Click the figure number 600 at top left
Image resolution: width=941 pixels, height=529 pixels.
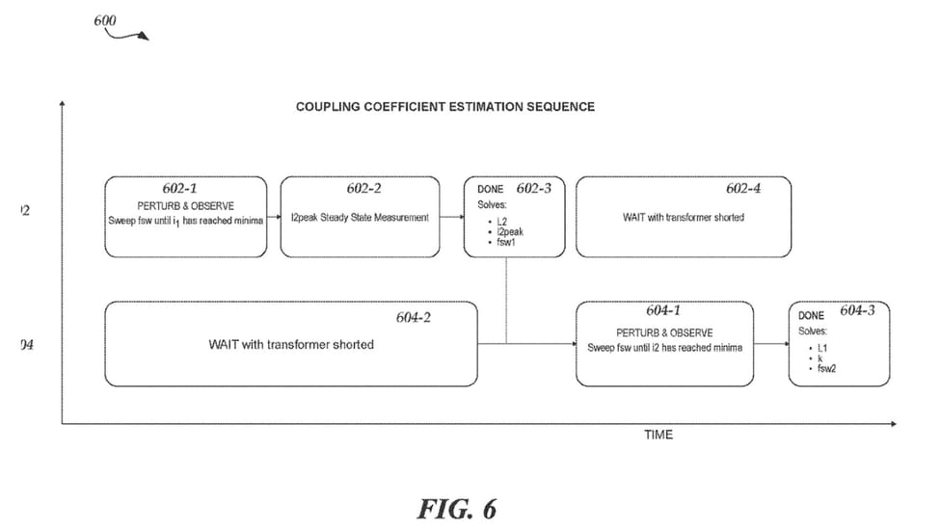tap(105, 19)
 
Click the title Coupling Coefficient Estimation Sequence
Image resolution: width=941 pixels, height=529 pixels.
tap(444, 107)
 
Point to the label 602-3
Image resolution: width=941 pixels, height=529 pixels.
tap(533, 188)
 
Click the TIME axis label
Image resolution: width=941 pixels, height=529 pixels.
tap(659, 435)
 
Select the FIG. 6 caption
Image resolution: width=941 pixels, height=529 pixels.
tap(456, 508)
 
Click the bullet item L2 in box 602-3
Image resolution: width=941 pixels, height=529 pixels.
tap(502, 222)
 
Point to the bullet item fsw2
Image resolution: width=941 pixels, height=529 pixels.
tap(827, 367)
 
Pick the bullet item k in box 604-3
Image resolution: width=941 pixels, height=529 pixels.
tap(820, 357)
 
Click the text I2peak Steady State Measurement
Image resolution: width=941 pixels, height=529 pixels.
tap(360, 218)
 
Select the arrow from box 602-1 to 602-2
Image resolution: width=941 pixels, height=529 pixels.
tap(273, 218)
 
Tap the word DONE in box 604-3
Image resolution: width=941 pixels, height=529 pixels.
tap(811, 315)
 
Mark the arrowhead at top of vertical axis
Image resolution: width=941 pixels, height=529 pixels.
tap(63, 102)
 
